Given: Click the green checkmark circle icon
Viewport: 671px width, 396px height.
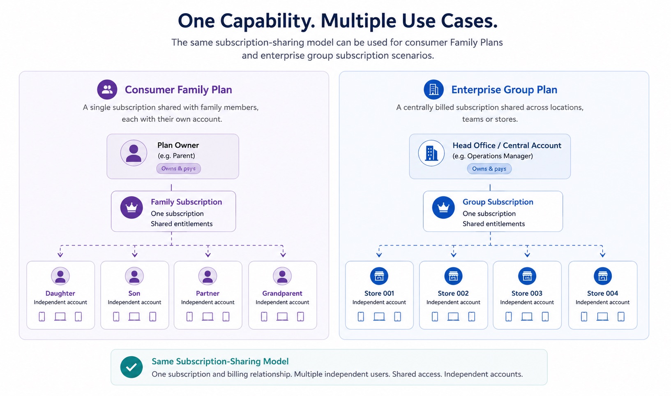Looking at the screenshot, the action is [x=131, y=367].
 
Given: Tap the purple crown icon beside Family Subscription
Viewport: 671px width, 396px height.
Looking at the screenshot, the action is [x=131, y=207].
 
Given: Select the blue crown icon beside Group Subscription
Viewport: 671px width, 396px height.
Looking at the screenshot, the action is [x=443, y=207].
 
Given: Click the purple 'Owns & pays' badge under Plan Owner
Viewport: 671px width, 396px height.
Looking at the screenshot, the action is [x=178, y=169].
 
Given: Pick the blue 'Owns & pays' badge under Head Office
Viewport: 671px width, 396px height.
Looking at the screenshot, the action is [x=489, y=169].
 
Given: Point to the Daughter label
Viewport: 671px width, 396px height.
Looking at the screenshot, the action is [x=60, y=293].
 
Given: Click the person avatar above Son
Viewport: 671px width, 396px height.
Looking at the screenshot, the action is [x=134, y=276].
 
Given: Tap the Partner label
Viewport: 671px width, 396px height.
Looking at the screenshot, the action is [x=208, y=293].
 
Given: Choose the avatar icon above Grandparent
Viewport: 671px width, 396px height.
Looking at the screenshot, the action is [x=282, y=276].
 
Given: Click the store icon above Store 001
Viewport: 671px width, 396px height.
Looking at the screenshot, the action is [x=379, y=276].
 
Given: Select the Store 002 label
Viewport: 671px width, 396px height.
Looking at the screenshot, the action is [x=453, y=293].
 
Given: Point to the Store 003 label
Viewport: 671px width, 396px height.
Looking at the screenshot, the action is [x=527, y=293].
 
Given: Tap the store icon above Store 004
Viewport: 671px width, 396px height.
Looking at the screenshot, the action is [x=603, y=276].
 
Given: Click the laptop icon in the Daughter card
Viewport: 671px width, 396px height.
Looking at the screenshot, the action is [x=60, y=317].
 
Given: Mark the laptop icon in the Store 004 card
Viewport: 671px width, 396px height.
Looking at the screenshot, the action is [x=602, y=317].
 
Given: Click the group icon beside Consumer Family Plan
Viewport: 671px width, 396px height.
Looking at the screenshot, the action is [x=107, y=89].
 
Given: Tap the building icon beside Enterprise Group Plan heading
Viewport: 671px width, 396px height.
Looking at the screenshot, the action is [x=433, y=89].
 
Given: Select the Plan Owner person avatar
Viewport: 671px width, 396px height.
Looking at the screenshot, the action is [x=134, y=153].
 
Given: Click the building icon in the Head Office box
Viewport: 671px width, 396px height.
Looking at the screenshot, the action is [x=431, y=153].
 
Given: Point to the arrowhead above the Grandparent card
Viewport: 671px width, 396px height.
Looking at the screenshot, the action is [x=283, y=255].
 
